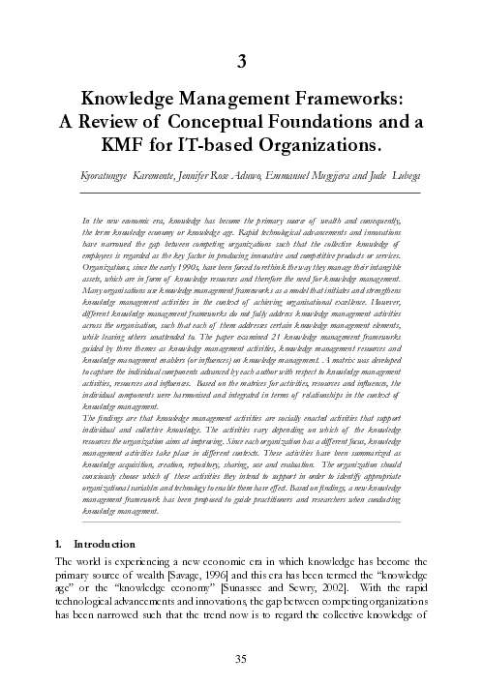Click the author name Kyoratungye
pyautogui.click(x=107, y=179)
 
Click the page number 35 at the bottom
pyautogui.click(x=242, y=659)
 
